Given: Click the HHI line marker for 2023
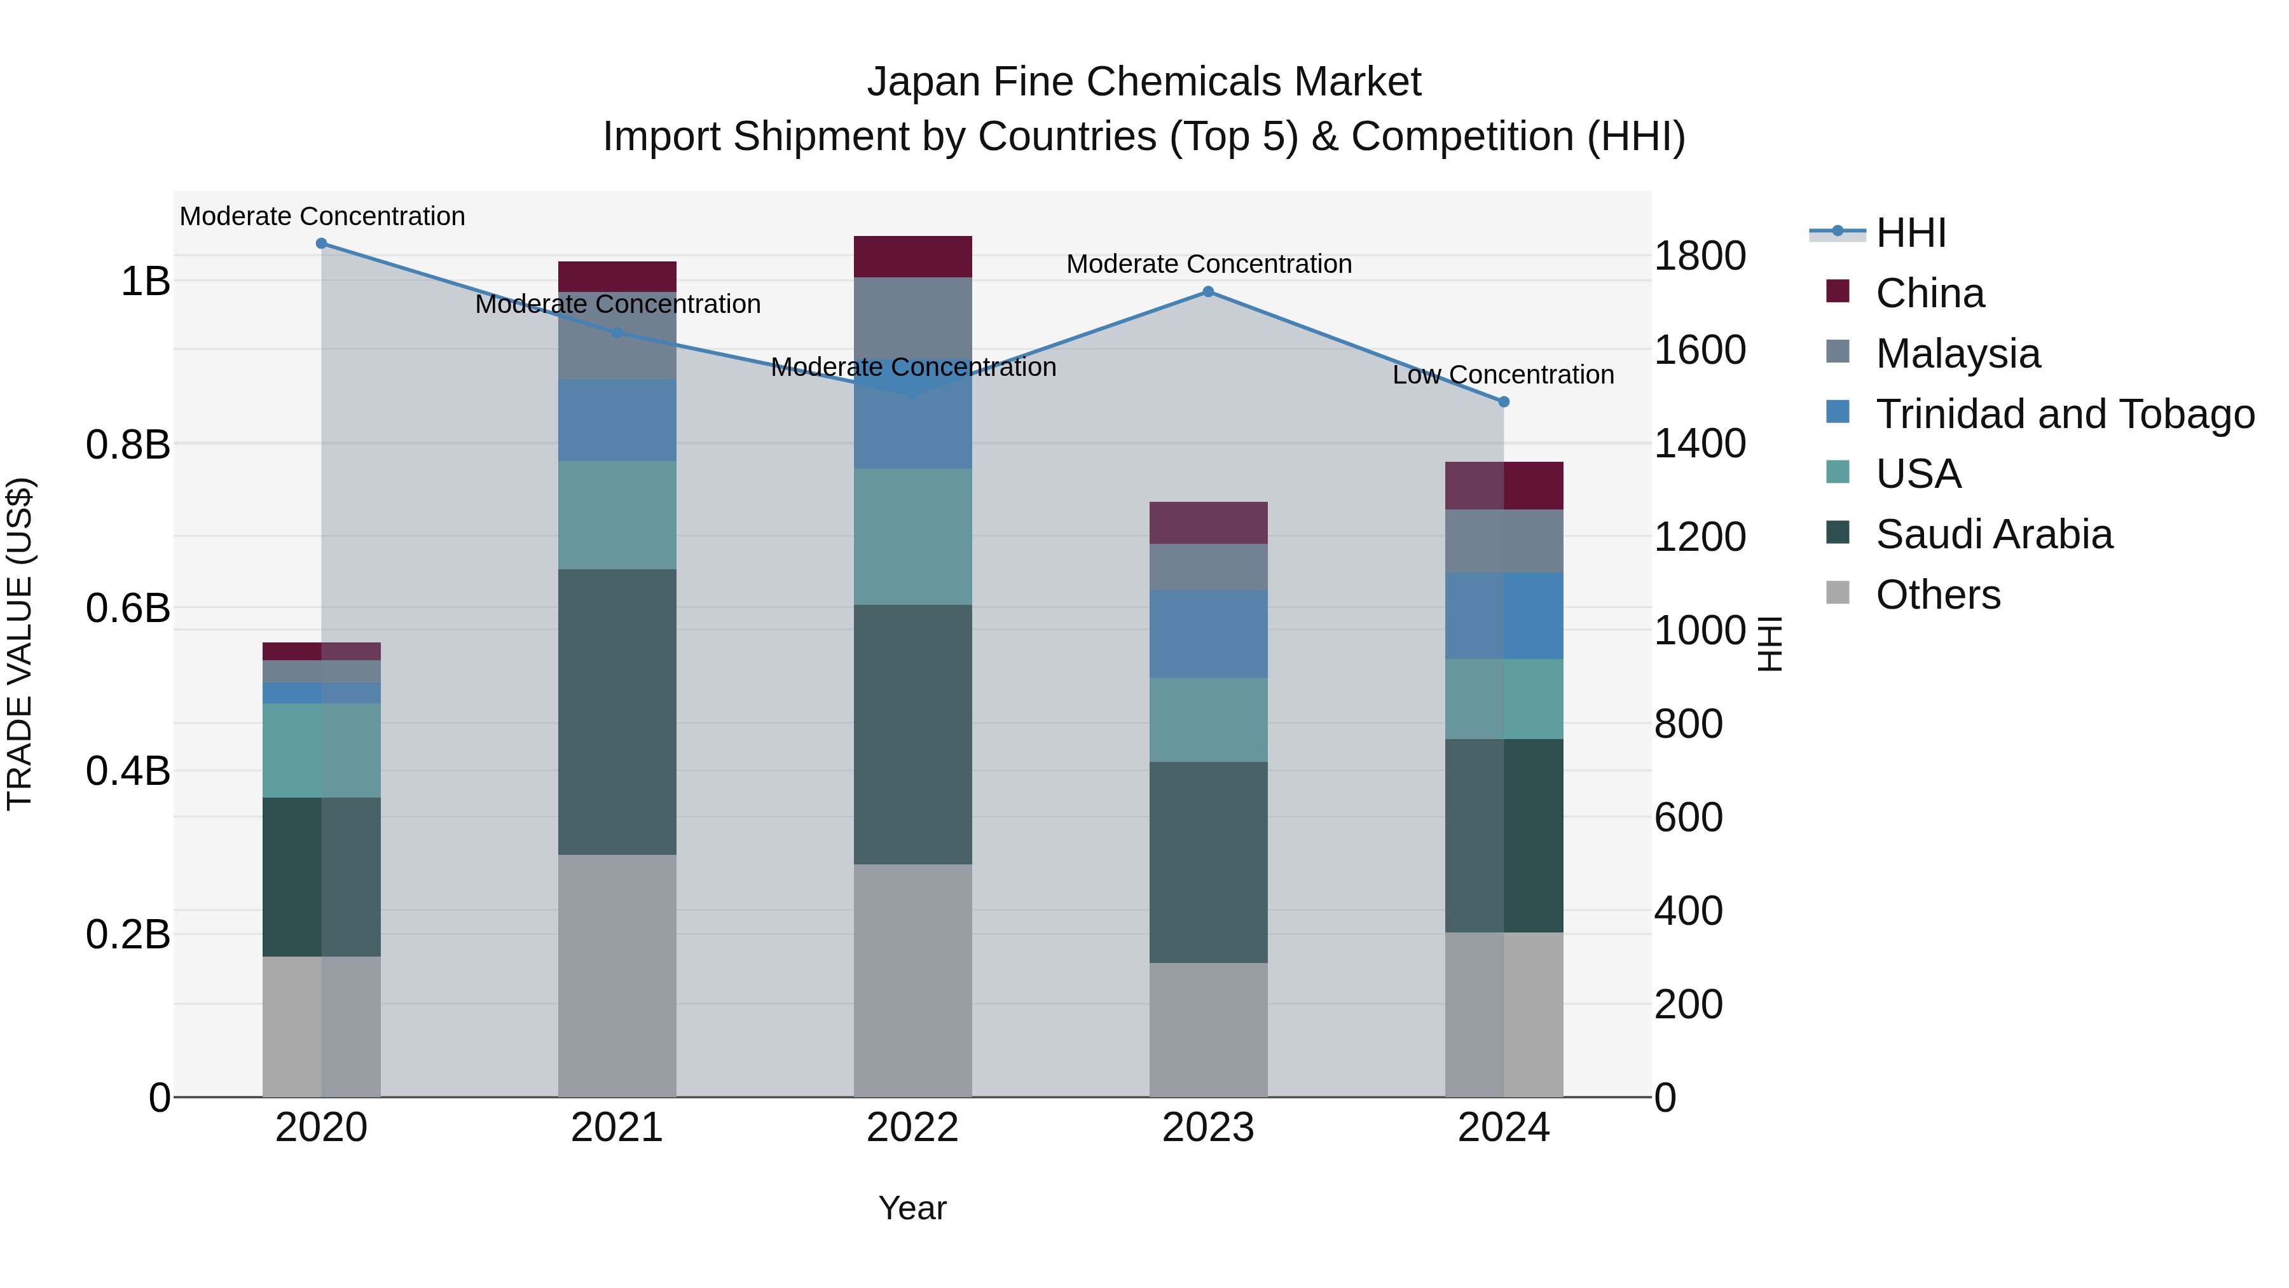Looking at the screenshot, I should (1207, 291).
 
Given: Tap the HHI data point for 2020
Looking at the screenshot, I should (322, 244).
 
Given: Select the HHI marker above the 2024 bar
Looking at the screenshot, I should (1504, 402).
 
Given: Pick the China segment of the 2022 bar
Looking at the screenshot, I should (912, 257).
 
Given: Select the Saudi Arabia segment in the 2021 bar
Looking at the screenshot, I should (617, 711).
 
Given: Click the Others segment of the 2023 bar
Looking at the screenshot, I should (1207, 1029).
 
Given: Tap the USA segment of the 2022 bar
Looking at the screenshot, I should (912, 537).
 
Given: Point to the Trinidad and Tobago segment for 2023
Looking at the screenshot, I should (1207, 634).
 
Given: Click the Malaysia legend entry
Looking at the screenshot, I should (1958, 354).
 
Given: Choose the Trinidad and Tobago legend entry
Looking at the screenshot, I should (2064, 414).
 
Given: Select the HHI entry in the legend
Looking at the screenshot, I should (1911, 233).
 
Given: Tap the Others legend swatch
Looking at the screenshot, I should (1838, 593).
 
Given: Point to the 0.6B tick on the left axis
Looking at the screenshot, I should (128, 608).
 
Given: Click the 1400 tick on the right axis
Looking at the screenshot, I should (1699, 443).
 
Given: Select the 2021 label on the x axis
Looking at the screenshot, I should (617, 1128).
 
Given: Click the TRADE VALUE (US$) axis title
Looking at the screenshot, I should (20, 644).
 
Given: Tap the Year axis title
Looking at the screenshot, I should (912, 1208).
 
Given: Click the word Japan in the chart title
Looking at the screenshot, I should (923, 82).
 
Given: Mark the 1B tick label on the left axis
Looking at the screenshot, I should (145, 282).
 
